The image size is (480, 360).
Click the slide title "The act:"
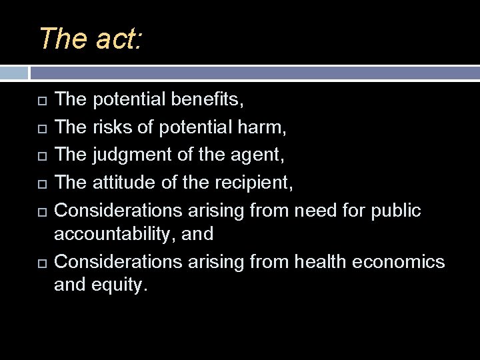tap(90, 39)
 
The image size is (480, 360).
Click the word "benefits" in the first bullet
tap(207, 100)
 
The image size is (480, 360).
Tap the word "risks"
tap(113, 127)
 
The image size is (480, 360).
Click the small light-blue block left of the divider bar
tap(14, 73)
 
